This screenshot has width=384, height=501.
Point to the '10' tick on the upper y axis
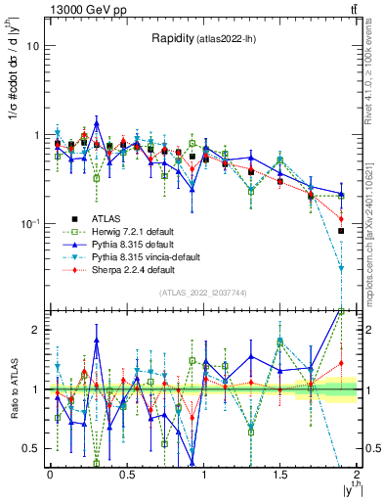33,46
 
